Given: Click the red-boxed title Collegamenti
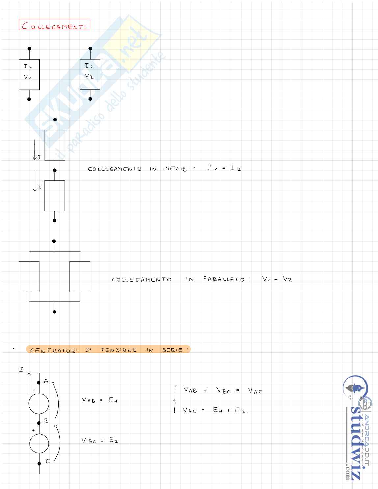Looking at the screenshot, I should click(x=54, y=25).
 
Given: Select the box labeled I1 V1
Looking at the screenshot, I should click(x=29, y=74).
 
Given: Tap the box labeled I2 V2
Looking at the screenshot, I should click(x=90, y=74).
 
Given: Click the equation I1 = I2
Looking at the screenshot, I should click(x=224, y=168).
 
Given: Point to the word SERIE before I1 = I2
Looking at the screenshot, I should click(x=176, y=169).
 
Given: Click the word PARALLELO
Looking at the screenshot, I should click(x=224, y=279).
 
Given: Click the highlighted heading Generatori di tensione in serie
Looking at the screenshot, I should click(x=109, y=350).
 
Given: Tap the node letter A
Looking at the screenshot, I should click(x=46, y=381).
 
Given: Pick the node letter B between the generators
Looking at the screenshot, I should click(x=46, y=421).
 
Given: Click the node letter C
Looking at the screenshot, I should click(x=48, y=461).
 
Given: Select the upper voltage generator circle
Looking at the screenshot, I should click(x=39, y=403).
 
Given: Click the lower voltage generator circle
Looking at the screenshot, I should click(x=39, y=444).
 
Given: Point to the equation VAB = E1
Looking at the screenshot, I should click(x=99, y=400).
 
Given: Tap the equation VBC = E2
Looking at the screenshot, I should click(x=99, y=440).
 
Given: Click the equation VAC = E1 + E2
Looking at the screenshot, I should click(x=214, y=410).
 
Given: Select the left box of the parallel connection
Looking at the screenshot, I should click(x=29, y=277).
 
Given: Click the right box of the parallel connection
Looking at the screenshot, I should click(x=80, y=277).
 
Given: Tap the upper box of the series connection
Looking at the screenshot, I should click(x=55, y=145).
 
